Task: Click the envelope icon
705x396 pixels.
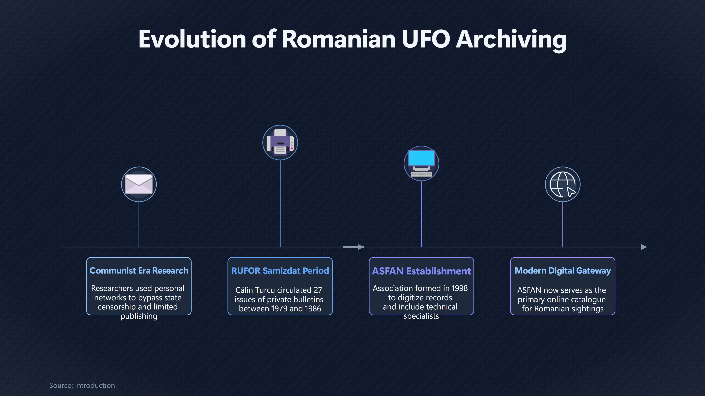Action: pos(139,184)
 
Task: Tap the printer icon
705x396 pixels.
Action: pos(280,142)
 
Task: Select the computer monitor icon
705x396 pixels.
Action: pos(421,163)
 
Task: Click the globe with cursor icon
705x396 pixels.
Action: pos(563,184)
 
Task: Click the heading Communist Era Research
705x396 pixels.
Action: pos(139,271)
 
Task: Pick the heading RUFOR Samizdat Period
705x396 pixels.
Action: pos(280,271)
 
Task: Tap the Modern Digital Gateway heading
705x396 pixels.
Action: pos(563,271)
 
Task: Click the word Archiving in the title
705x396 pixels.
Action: pos(511,40)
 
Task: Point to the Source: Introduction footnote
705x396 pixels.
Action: pos(82,385)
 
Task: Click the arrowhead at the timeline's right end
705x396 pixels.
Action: pos(644,247)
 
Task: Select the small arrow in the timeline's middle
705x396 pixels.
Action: pos(353,247)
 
